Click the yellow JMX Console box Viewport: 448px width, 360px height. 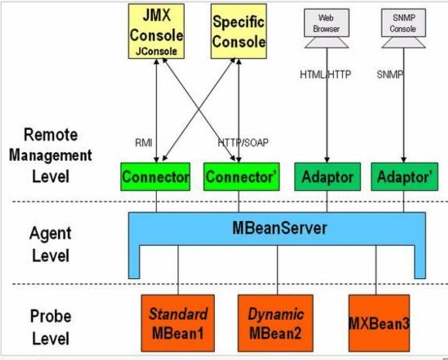coord(156,32)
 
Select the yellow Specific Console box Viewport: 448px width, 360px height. coord(239,32)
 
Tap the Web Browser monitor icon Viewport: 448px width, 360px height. coord(327,28)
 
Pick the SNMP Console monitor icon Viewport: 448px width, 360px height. coord(403,28)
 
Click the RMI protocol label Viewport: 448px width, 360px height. coord(144,143)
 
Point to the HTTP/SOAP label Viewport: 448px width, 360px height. coord(243,143)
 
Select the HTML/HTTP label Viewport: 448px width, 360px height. coord(325,75)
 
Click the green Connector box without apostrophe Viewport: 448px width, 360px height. coord(155,177)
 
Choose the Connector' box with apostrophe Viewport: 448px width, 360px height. coord(242,177)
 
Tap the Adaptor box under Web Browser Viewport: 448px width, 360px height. coord(328,177)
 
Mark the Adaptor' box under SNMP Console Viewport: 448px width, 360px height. coord(405,177)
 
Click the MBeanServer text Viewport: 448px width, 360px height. coord(280,228)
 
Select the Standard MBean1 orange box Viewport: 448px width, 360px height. coord(178,323)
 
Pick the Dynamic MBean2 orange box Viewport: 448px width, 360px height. coord(276,323)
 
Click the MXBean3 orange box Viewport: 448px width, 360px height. coord(379,323)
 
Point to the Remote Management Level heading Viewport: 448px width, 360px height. coord(50,156)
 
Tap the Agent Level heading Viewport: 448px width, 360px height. coord(50,244)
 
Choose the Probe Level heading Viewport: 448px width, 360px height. coord(50,327)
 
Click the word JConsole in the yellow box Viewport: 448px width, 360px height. coord(156,52)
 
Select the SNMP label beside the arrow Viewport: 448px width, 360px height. coord(390,75)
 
